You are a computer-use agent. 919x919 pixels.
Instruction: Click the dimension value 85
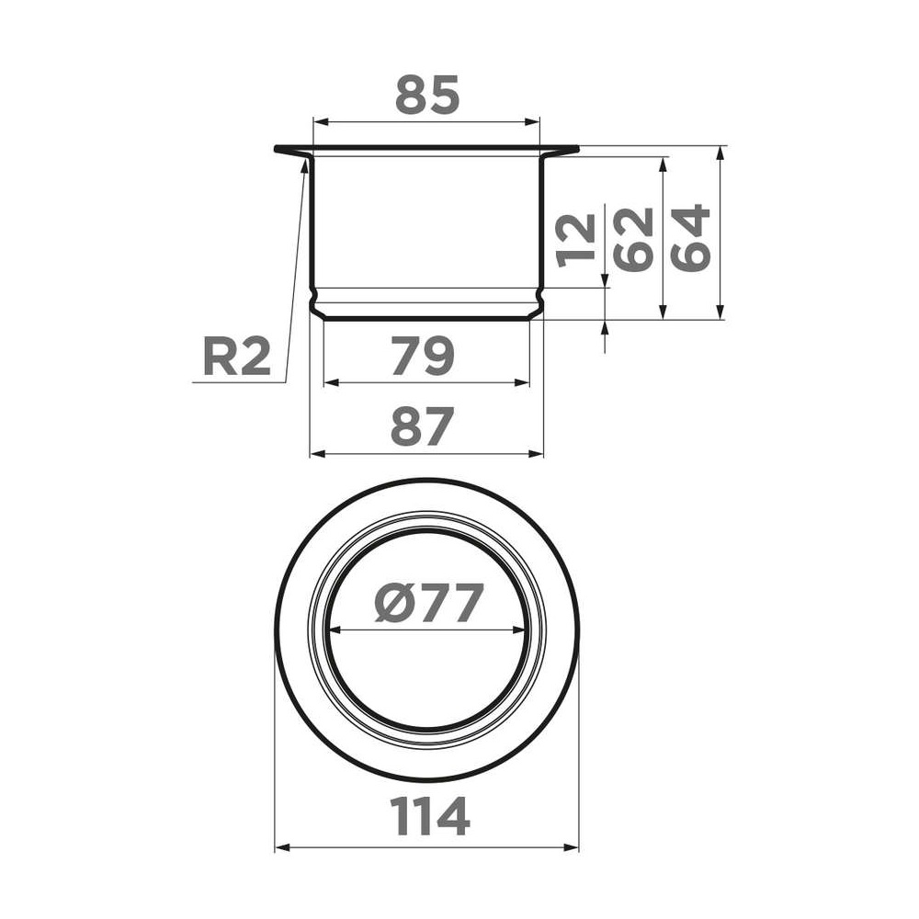point(427,95)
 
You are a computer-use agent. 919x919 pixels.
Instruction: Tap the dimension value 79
point(423,356)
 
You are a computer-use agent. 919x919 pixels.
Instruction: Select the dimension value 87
point(422,426)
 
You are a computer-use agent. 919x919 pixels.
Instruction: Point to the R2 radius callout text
point(237,357)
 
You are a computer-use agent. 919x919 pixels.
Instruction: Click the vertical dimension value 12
point(577,240)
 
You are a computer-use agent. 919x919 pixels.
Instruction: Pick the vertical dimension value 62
point(633,240)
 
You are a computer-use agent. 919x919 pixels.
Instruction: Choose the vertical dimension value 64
point(690,237)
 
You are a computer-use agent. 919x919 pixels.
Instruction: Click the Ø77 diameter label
point(429,603)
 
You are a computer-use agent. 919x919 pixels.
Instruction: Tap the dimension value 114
point(430,816)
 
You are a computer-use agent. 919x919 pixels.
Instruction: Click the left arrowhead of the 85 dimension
point(321,122)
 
